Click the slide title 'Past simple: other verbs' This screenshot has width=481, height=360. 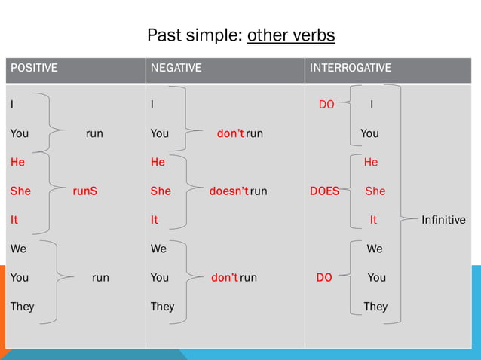coord(240,35)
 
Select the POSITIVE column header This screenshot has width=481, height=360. coord(34,68)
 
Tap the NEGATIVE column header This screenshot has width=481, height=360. coord(176,68)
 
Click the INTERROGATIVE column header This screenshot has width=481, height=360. coord(351,68)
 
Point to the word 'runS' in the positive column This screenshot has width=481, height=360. coord(84,191)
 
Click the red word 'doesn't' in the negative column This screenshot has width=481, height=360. coord(228,191)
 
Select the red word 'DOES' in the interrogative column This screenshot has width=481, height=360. coord(324,191)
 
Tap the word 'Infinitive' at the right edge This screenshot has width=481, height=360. coord(443,220)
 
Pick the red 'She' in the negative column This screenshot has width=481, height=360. coord(161,191)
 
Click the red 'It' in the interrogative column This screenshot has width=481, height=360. coord(373,220)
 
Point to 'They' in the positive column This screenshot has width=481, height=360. coord(22,306)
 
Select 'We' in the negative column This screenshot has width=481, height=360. coord(158,249)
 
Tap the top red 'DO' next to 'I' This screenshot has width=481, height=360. coord(326,105)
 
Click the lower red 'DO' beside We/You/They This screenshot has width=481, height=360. coord(324,277)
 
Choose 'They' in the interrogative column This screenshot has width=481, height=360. coord(375,306)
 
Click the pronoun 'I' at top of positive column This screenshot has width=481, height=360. coord(11,105)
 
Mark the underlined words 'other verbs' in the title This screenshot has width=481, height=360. coord(291,35)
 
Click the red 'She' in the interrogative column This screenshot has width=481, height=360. coord(375,191)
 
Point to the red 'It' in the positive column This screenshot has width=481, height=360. coord(14,220)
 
